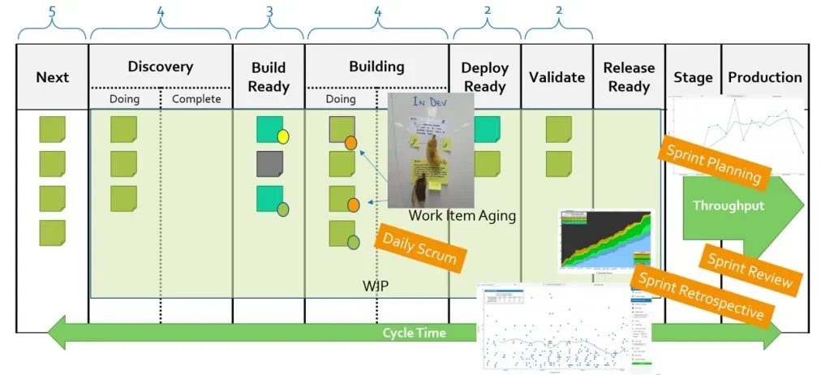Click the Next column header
(x=52, y=78)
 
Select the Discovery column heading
(x=160, y=67)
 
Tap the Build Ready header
(x=268, y=76)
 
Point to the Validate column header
(x=557, y=77)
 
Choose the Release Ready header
(x=629, y=76)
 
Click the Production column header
(x=764, y=77)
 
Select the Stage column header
(x=693, y=78)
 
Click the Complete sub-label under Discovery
(x=196, y=99)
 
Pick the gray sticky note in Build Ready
(x=269, y=163)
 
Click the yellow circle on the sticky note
(x=283, y=136)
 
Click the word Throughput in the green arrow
(x=728, y=206)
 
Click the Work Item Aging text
(x=462, y=216)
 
